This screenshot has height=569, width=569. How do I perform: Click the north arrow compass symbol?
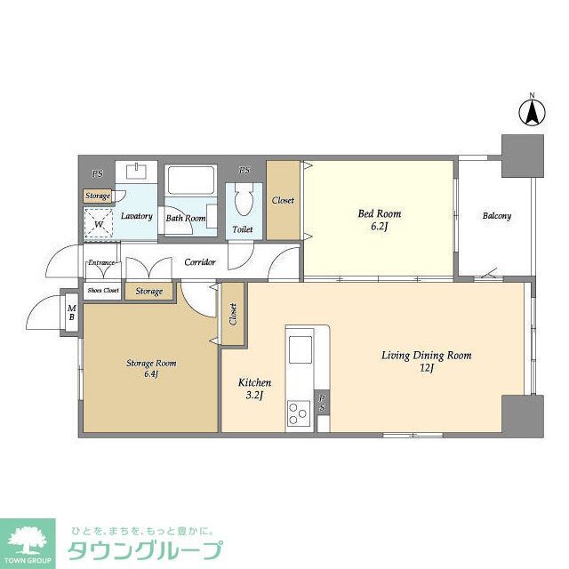click(x=532, y=112)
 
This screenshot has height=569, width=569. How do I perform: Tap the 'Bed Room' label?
click(x=380, y=213)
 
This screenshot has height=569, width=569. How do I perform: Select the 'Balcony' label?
click(x=497, y=216)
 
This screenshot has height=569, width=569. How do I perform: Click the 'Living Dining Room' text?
click(x=426, y=356)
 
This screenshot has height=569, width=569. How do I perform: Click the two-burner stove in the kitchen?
click(x=296, y=412)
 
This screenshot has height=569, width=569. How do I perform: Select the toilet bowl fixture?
click(x=242, y=203)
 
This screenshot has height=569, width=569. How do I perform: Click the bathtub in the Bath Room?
click(x=188, y=186)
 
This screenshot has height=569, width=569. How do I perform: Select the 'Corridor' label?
click(x=200, y=263)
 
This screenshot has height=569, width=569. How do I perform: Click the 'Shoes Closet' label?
click(x=103, y=291)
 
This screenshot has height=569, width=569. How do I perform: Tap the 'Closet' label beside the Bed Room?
click(x=283, y=200)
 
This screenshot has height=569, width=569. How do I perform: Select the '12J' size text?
click(x=426, y=369)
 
